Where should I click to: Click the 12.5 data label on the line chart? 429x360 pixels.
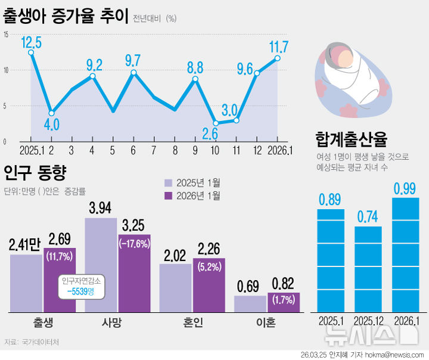coord(31,42)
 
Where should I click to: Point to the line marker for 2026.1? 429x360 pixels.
coord(278,58)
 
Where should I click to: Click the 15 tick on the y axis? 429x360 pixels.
coord(5,35)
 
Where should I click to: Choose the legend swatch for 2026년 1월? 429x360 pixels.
coord(169,195)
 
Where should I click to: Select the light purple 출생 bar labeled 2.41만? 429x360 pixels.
coord(26,283)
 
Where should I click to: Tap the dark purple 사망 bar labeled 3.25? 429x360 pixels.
coord(134,273)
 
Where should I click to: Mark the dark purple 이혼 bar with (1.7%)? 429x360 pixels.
coord(283,303)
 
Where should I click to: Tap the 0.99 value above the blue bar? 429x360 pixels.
coord(405,189)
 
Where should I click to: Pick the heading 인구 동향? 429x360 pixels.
coord(34,173)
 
